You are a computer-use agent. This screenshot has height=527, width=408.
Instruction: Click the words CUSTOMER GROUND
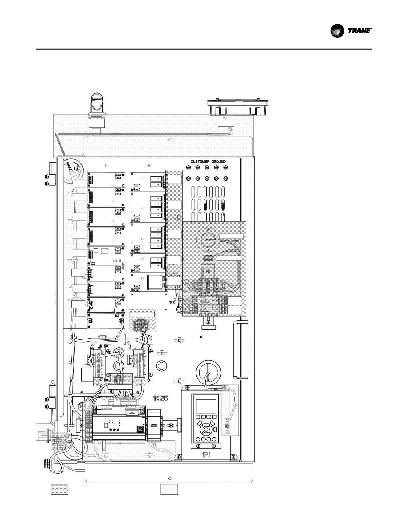(x=208, y=162)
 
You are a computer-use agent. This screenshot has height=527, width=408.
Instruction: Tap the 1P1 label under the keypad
(x=205, y=455)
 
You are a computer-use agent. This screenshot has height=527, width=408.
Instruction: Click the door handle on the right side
(x=241, y=349)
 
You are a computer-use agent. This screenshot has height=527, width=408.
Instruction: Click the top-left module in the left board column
(x=106, y=180)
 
